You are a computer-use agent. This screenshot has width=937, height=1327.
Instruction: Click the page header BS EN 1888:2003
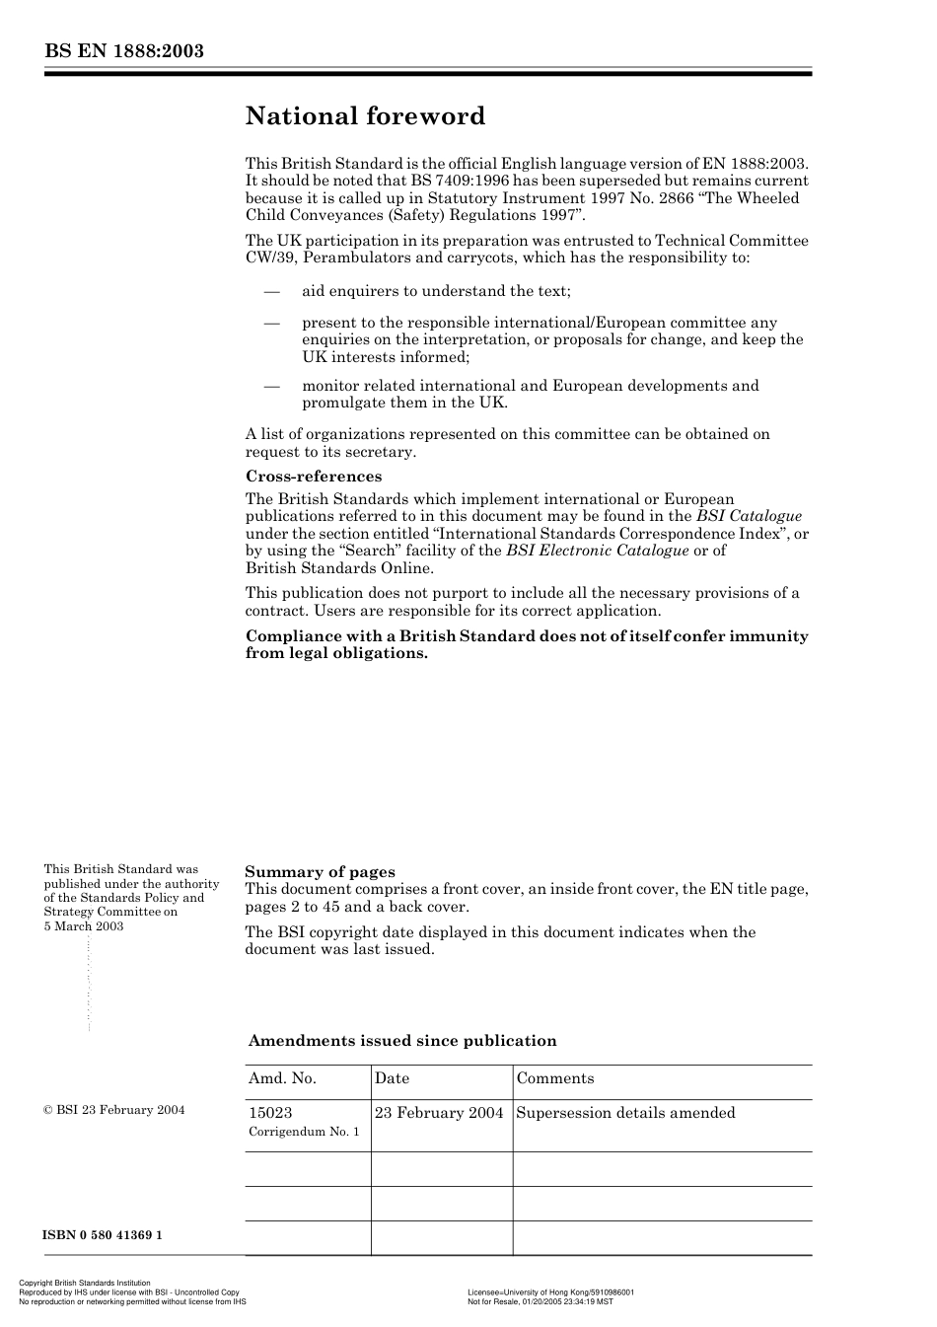pos(123,51)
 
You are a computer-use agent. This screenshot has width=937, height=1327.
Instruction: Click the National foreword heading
pos(365,116)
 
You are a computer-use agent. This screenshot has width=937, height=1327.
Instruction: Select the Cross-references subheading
pos(313,477)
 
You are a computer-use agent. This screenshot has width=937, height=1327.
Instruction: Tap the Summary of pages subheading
pos(320,871)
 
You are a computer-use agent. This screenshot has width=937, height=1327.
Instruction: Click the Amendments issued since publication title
pos(402,1041)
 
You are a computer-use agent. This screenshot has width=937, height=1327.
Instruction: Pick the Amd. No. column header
pos(282,1078)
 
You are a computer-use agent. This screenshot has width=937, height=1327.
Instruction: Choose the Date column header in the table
pos(392,1078)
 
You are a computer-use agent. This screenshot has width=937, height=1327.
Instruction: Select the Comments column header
pos(555,1078)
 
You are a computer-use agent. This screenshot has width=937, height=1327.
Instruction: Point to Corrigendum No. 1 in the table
pos(304,1132)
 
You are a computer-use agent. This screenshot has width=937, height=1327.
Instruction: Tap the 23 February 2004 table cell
pos(439,1113)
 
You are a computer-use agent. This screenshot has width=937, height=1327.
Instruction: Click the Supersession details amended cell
pos(625,1113)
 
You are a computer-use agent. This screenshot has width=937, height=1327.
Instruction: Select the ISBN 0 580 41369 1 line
pos(103,1235)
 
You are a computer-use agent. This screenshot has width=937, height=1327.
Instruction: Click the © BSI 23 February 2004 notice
pos(113,1110)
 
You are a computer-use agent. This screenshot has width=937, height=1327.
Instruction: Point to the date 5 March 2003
pos(84,926)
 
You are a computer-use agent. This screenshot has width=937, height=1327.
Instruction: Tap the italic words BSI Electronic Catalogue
pos(598,551)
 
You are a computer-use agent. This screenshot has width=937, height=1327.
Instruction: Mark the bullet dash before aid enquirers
pos(272,291)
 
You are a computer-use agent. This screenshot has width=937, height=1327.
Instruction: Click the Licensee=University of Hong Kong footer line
pos(550,1292)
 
